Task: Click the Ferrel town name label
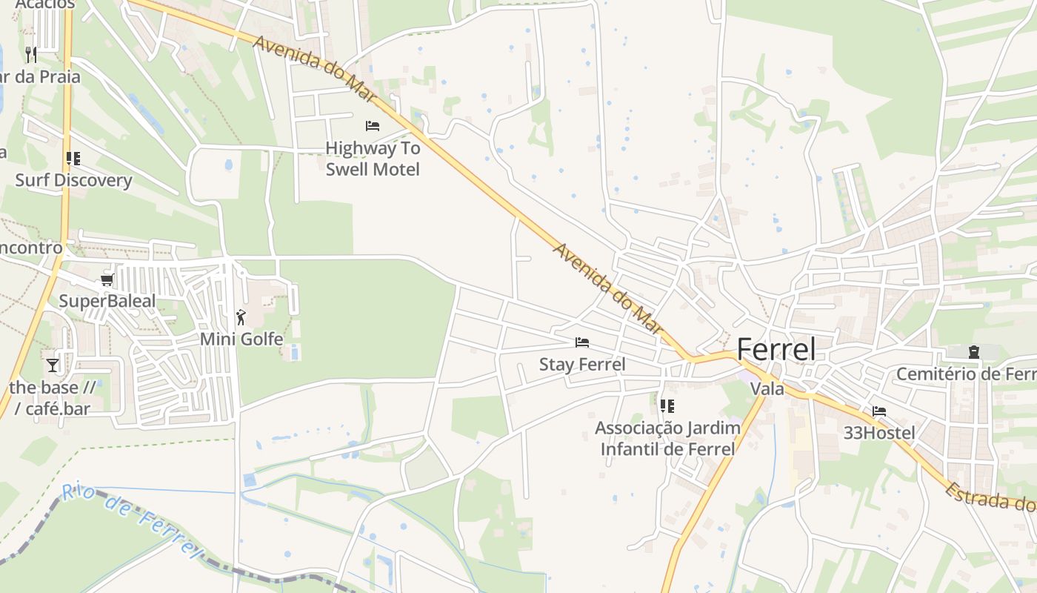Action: click(776, 349)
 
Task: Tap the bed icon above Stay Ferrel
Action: click(582, 342)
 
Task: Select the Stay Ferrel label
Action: click(582, 364)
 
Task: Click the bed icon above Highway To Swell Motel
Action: click(373, 126)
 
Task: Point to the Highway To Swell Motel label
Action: click(373, 159)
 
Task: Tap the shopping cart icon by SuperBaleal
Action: click(107, 280)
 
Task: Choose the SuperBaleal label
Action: click(107, 301)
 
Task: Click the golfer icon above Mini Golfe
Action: click(241, 318)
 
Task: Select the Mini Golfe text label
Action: click(241, 339)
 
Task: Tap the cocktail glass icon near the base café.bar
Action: click(53, 365)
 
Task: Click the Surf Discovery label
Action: click(73, 180)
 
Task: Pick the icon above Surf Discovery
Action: click(73, 159)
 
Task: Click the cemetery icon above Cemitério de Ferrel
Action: click(973, 352)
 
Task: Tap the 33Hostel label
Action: click(879, 432)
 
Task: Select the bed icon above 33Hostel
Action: click(879, 411)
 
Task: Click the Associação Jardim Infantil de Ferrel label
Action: click(667, 438)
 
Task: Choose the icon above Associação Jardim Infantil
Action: click(667, 406)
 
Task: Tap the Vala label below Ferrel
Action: click(767, 388)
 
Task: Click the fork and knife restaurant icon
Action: click(30, 54)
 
